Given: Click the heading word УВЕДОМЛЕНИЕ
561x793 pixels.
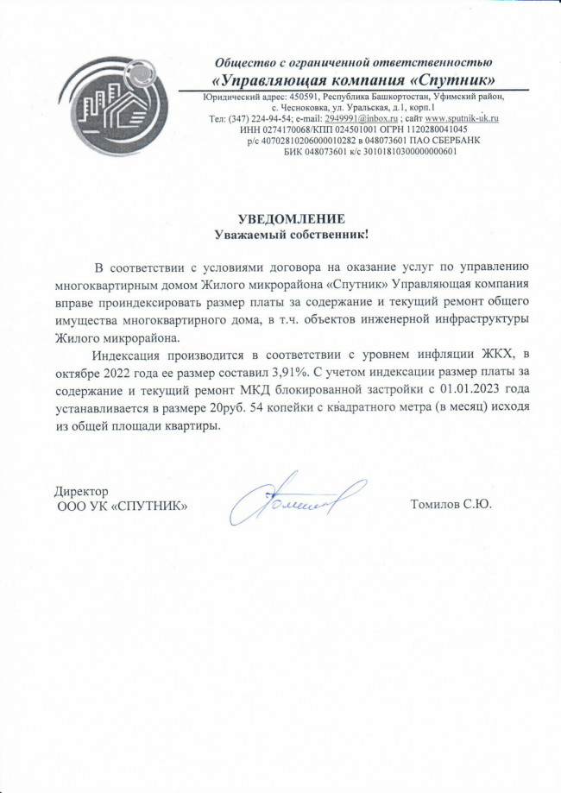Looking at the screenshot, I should (291, 218).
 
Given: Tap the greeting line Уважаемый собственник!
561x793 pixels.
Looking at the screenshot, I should (291, 234).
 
